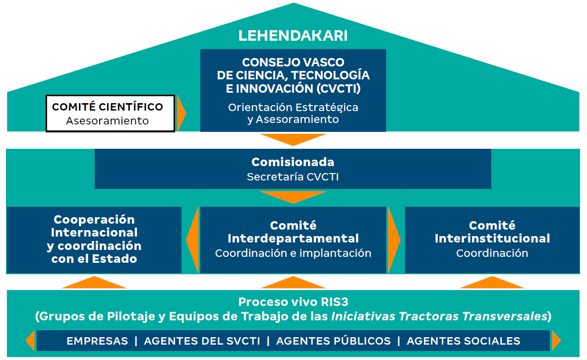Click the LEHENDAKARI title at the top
(293, 36)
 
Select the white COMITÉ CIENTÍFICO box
(110, 114)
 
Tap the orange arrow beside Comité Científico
(181, 114)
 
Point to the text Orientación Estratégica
(293, 107)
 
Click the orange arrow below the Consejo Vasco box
(293, 139)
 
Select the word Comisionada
(293, 162)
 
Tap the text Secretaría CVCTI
(293, 177)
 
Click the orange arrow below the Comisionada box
(293, 197)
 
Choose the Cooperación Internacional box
(94, 240)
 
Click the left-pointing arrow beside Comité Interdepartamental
(192, 240)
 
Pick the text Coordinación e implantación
(293, 253)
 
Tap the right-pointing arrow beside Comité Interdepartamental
(394, 240)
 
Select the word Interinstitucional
(492, 239)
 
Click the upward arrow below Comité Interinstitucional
(492, 283)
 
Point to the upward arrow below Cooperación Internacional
(94, 283)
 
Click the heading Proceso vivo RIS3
(293, 302)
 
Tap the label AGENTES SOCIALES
(464, 341)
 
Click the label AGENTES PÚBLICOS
(333, 341)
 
